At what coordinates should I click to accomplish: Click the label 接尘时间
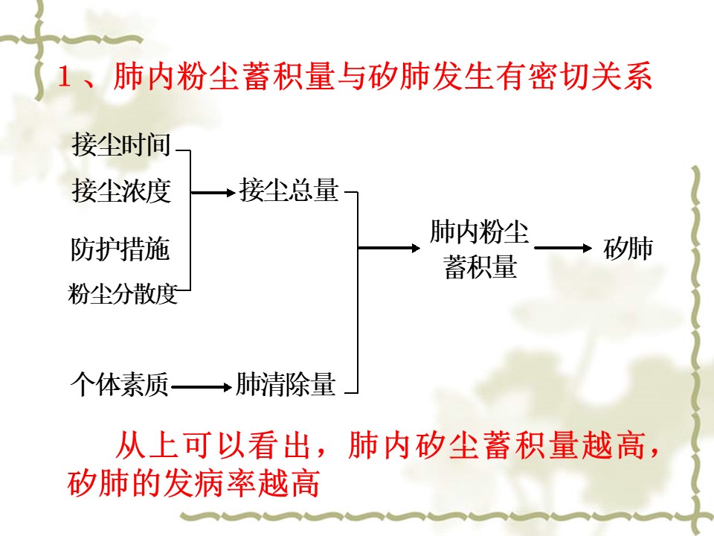coord(121,145)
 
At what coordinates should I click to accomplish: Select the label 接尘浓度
coord(121,191)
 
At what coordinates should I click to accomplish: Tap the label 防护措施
coord(120,249)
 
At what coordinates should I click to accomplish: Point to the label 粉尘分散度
coord(123,293)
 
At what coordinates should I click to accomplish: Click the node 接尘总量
coord(289,190)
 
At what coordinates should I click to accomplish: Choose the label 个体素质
coord(120,384)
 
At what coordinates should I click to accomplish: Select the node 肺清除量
coord(286,384)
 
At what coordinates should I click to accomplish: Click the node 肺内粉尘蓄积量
coord(480,249)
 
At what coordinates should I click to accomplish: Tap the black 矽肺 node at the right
coord(628,249)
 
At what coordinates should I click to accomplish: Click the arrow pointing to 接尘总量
coord(213,193)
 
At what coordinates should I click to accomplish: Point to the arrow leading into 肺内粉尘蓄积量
coord(389,248)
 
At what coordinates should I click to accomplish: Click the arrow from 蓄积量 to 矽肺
coord(563,248)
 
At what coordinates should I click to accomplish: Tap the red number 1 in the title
coord(65,77)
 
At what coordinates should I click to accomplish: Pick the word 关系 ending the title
coord(621,76)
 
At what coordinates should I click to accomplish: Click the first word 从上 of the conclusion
coord(147,444)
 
